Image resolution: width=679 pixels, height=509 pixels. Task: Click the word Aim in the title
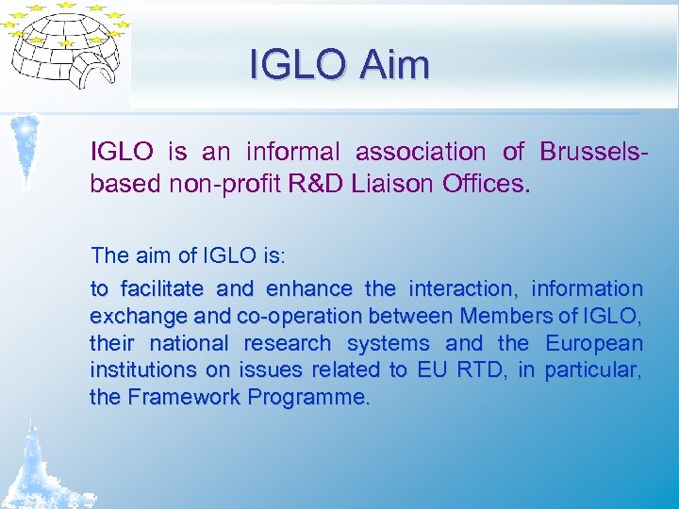pos(394,65)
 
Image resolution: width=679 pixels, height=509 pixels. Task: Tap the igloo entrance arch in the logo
pos(96,72)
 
